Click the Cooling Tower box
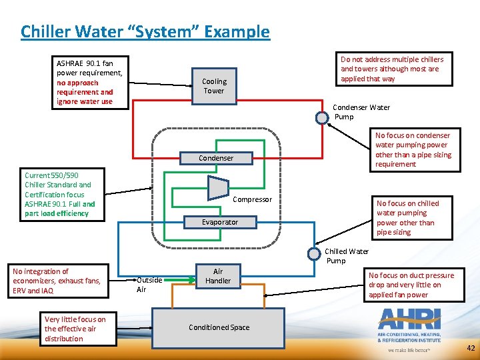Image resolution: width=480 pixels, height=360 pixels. [x=214, y=86]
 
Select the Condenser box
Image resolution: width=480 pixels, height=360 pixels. [x=216, y=158]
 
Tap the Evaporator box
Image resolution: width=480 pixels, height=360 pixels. [x=219, y=222]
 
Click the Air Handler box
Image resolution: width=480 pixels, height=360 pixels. [x=217, y=276]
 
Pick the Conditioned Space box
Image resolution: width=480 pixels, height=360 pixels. [x=219, y=327]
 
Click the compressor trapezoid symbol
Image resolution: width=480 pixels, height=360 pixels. [x=218, y=188]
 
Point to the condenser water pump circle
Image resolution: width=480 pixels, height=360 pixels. [x=322, y=118]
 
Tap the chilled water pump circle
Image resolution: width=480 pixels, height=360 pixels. [x=314, y=253]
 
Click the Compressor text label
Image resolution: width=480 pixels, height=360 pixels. [x=252, y=199]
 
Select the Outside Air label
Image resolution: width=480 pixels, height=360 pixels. [x=149, y=285]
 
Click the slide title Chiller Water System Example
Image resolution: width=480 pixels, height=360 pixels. [x=145, y=31]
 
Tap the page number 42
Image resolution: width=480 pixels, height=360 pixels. [x=471, y=348]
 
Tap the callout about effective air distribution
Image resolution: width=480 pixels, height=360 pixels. [x=74, y=329]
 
